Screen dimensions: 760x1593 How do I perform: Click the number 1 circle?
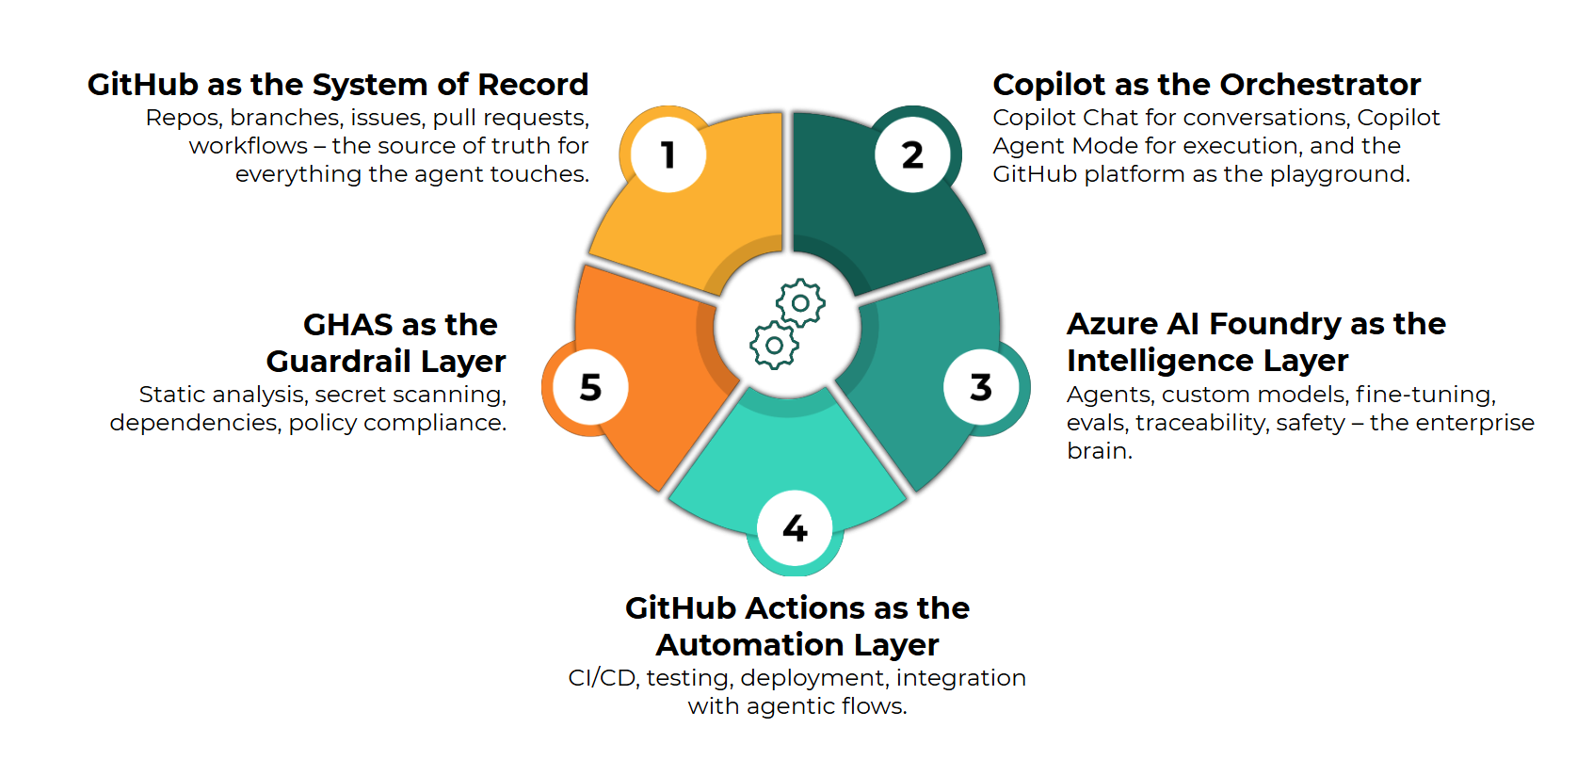[668, 154]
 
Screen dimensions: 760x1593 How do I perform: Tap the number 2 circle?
[912, 154]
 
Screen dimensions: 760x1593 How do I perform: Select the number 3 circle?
[981, 387]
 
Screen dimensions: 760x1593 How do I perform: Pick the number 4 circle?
[795, 528]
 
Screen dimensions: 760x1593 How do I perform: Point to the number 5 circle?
[590, 387]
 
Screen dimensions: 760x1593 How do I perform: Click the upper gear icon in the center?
[800, 303]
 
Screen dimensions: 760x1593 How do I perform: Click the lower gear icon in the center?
[774, 346]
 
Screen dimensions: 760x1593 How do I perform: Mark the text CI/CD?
[603, 678]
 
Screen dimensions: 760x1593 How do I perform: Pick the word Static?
[169, 395]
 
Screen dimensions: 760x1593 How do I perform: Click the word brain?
[1098, 451]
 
